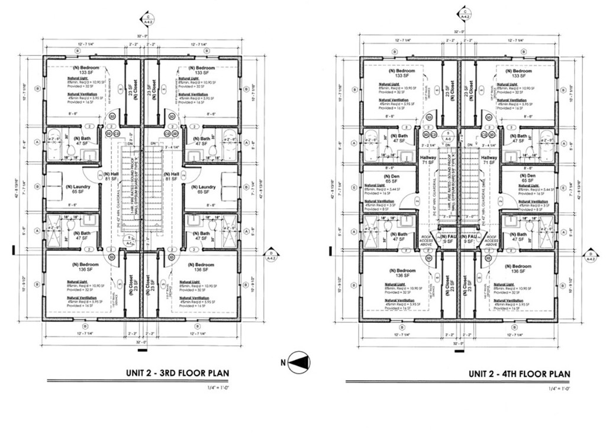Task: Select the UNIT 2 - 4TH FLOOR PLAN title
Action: (x=520, y=374)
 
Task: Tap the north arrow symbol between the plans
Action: (x=298, y=361)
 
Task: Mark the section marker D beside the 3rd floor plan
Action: (x=272, y=255)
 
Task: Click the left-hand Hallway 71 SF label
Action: (x=427, y=160)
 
